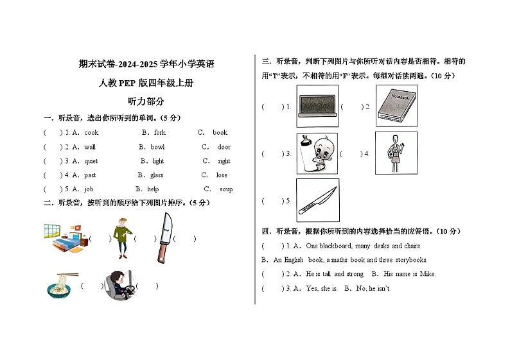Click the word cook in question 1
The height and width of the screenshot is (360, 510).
92,133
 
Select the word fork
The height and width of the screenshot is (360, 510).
160,133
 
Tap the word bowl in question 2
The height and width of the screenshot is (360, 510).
157,147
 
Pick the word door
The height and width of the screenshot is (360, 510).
224,147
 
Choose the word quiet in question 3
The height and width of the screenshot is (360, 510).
91,161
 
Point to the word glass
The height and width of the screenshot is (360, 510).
157,175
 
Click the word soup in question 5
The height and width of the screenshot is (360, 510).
226,189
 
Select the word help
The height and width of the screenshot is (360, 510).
153,189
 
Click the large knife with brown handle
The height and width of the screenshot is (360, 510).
164,238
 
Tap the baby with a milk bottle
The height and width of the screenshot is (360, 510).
317,153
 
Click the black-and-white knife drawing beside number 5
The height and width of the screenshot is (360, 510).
317,200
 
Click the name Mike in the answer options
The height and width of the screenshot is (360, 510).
427,274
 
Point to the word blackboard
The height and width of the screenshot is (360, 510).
335,246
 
